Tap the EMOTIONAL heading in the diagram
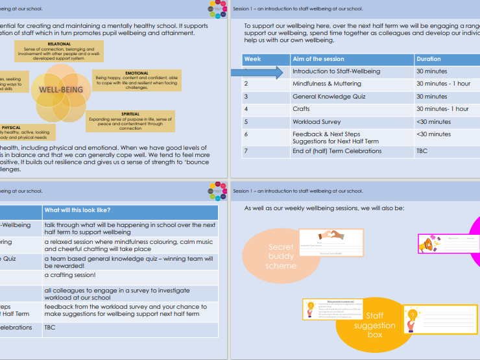coord(137,73)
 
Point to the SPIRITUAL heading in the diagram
coord(131,114)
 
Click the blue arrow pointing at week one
coord(258,73)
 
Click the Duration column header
coord(429,59)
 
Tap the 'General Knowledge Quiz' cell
coord(329,97)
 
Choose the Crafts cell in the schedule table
coord(301,109)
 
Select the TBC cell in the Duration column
coord(422,151)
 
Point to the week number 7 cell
coord(246,151)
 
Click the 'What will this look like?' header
coord(77,210)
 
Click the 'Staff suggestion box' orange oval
coord(374,325)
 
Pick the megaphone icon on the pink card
coord(428,245)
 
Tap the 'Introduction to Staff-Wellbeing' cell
coord(336,71)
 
